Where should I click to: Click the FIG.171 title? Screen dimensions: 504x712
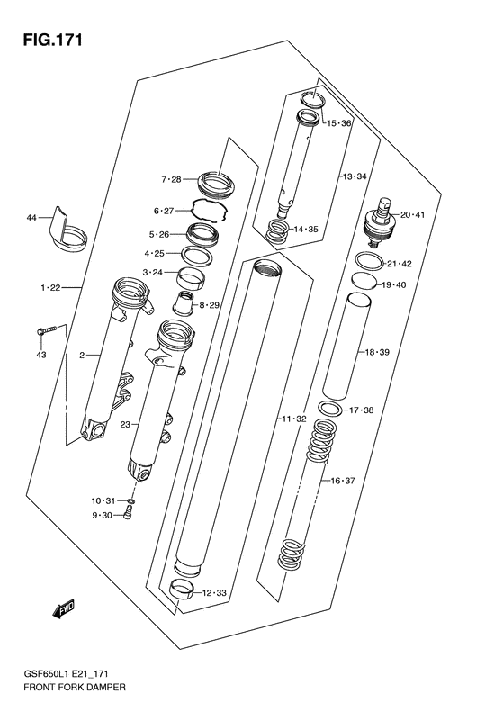point(53,40)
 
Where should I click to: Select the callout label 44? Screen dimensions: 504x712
point(31,218)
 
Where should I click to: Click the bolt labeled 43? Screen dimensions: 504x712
point(47,329)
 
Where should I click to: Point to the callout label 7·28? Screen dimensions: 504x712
point(171,179)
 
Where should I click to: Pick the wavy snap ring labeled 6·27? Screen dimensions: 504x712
point(209,210)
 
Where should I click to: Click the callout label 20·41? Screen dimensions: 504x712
point(413,214)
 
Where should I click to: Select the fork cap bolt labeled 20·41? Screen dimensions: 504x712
point(382,222)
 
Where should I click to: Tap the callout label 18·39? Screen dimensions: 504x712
point(377,352)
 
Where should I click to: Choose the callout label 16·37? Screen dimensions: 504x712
point(343,481)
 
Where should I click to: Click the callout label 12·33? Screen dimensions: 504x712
point(214,592)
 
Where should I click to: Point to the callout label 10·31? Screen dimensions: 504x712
point(103,500)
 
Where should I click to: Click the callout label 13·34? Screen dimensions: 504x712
point(355,176)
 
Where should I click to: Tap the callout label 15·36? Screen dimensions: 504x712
point(339,123)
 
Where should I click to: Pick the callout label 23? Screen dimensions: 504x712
point(125,425)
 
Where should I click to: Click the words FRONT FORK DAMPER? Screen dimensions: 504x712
point(75,687)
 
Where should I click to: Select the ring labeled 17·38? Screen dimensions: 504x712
point(330,409)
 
